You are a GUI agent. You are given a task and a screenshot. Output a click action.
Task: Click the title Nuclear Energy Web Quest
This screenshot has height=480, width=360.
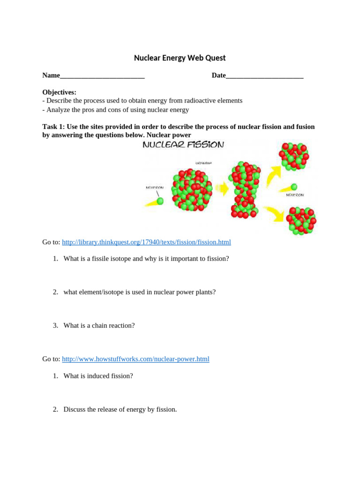click(x=180, y=58)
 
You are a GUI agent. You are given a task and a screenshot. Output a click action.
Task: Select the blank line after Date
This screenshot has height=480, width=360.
click(x=264, y=76)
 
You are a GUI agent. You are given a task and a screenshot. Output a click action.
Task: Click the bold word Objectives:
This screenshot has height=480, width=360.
click(x=59, y=92)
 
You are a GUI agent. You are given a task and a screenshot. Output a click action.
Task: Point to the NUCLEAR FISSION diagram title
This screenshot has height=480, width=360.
click(x=183, y=145)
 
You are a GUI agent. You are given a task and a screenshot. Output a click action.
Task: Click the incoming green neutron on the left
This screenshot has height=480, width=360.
click(x=160, y=201)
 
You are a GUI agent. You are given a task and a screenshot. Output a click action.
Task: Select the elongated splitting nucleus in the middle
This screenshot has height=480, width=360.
click(x=243, y=190)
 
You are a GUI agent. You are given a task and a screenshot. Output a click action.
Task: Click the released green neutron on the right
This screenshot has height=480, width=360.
click(x=294, y=187)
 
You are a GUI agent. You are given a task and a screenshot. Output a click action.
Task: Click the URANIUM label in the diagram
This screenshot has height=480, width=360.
click(x=203, y=163)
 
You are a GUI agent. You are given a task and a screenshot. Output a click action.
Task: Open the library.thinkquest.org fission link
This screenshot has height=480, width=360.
click(x=146, y=242)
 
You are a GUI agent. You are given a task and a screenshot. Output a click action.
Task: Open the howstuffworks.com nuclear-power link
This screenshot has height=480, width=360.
click(x=135, y=359)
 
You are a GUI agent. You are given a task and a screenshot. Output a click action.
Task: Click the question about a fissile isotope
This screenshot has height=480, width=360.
click(x=146, y=259)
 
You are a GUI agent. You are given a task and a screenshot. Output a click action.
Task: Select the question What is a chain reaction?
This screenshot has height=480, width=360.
click(x=99, y=325)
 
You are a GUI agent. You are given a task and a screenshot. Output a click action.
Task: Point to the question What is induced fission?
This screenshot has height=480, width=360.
click(x=98, y=376)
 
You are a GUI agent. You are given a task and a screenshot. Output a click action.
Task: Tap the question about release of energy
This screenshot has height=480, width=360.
click(x=120, y=410)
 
